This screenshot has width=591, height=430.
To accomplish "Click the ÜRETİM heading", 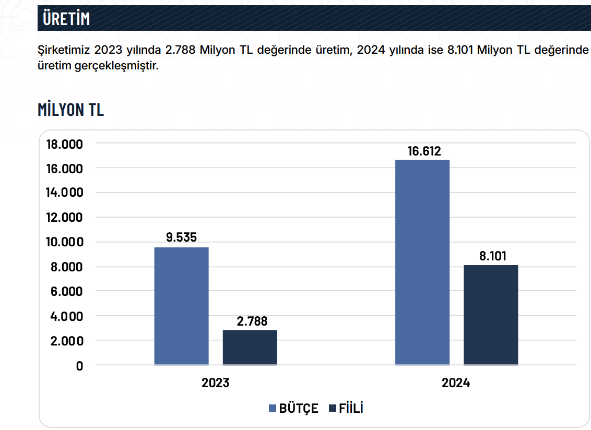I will pyautogui.click(x=67, y=18).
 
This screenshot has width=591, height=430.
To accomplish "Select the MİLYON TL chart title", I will pyautogui.click(x=70, y=110).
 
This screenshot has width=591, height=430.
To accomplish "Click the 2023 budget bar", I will pyautogui.click(x=181, y=306).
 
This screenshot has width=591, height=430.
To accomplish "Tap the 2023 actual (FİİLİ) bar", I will pyautogui.click(x=250, y=347).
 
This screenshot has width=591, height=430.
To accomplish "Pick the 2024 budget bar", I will pyautogui.click(x=422, y=262).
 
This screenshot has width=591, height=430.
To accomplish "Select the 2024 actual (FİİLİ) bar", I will pyautogui.click(x=491, y=315).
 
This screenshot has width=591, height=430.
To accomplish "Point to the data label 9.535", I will pyautogui.click(x=181, y=237).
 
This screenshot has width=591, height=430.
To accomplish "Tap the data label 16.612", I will pyautogui.click(x=424, y=151).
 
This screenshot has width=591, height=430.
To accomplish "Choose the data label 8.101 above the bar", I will pyautogui.click(x=492, y=256).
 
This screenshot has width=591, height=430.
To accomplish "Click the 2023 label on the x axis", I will pyautogui.click(x=216, y=383).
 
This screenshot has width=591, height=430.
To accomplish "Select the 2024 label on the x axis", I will pyautogui.click(x=456, y=383).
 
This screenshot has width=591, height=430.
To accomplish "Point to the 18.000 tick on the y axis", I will pyautogui.click(x=65, y=144).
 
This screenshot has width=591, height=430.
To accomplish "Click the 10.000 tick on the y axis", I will pyautogui.click(x=65, y=242).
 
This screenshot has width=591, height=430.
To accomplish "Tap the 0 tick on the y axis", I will pyautogui.click(x=79, y=366).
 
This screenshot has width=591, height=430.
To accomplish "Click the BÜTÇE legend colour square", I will pyautogui.click(x=273, y=409).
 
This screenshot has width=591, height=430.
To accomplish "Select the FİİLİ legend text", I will pyautogui.click(x=351, y=408).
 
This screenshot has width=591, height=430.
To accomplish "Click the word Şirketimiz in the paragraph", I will pyautogui.click(x=63, y=50).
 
